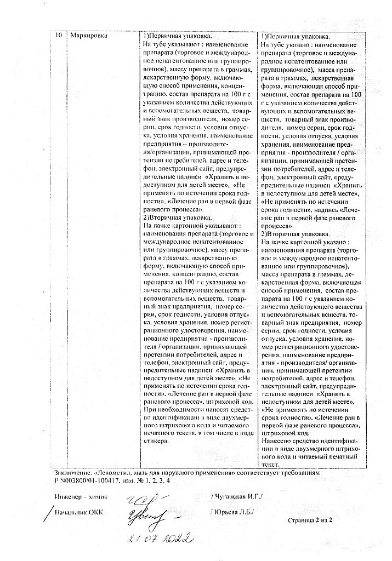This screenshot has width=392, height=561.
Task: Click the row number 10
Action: [x=59, y=36]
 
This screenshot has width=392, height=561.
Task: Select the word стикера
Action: [x=156, y=441]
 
